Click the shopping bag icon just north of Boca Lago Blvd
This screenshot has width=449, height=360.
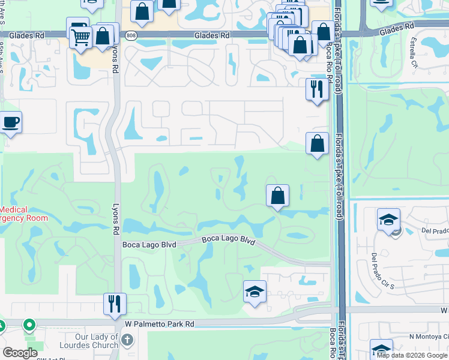[277, 195]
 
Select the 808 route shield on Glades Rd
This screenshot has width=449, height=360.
[131, 35]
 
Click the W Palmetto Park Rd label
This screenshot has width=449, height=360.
[160, 324]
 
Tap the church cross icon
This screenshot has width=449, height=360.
[127, 340]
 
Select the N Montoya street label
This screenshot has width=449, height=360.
[428, 337]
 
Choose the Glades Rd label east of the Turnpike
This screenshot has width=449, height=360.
[397, 27]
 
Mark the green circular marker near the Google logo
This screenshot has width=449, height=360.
[29, 325]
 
